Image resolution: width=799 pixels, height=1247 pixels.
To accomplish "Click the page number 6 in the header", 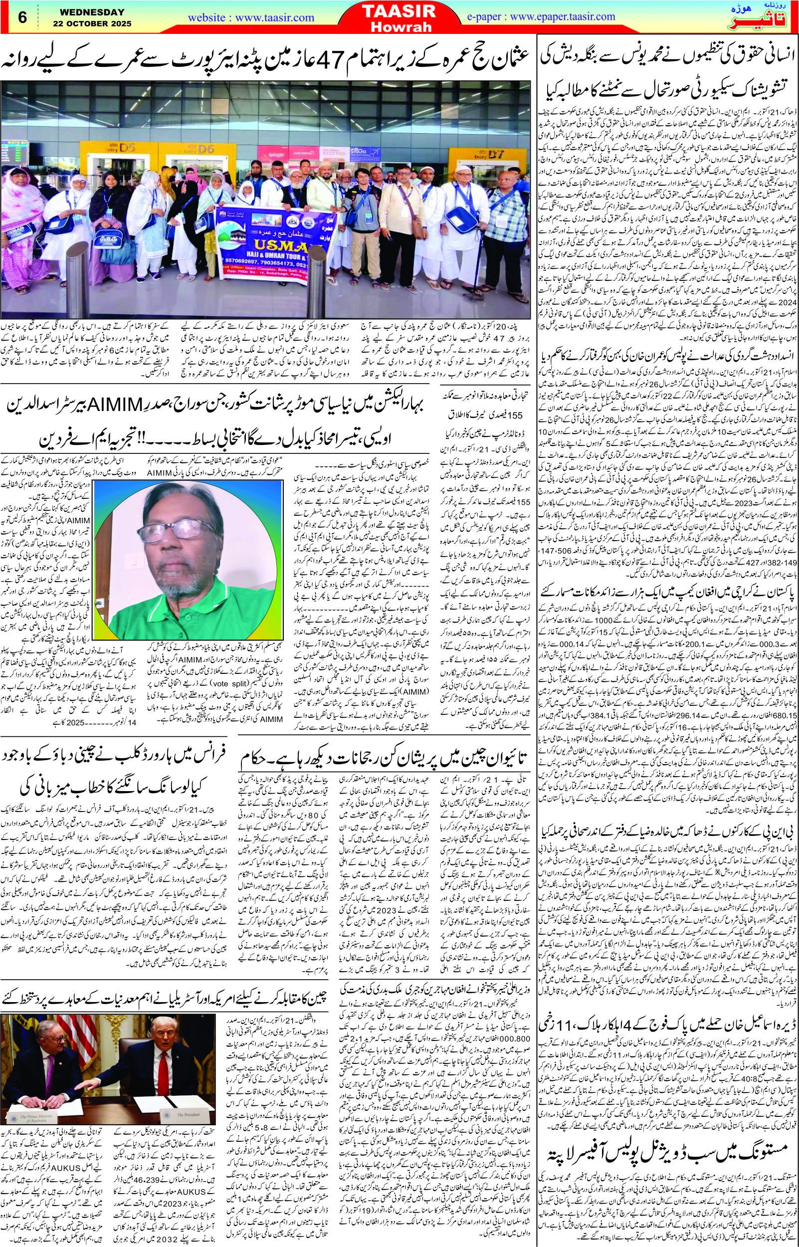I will pyautogui.click(x=22, y=16).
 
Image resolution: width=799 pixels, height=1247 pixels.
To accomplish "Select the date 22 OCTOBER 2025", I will pyautogui.click(x=92, y=23).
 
